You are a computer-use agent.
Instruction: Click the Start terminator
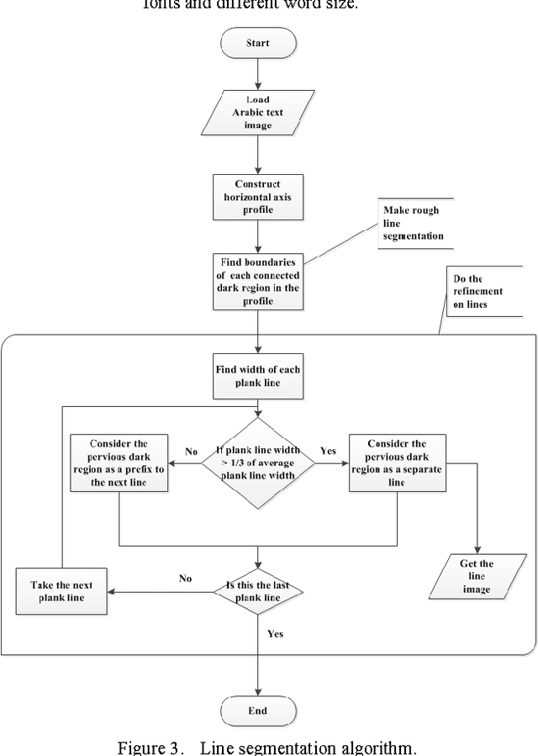pyautogui.click(x=257, y=42)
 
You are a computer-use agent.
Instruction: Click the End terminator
pyautogui.click(x=257, y=711)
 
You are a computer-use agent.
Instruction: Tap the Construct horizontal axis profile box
pyautogui.click(x=257, y=197)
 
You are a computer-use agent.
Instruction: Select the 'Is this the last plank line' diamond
pyautogui.click(x=257, y=591)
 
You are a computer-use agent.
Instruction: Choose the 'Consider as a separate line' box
pyautogui.click(x=396, y=462)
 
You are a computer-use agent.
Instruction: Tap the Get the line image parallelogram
pyautogui.click(x=477, y=576)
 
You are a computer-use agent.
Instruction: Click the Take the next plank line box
pyautogui.click(x=62, y=591)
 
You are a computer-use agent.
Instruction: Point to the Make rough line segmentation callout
pyautogui.click(x=413, y=224)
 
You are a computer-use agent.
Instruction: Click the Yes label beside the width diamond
pyautogui.click(x=328, y=451)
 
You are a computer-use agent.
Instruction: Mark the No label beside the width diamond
pyautogui.click(x=192, y=451)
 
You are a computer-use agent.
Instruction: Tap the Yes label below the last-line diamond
pyautogui.click(x=275, y=633)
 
